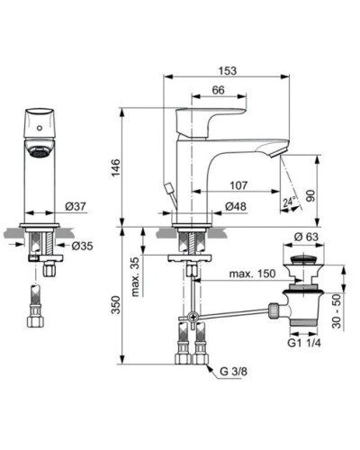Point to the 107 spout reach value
tap(238, 185)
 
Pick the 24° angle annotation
tap(290, 202)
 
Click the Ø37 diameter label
tap(76, 207)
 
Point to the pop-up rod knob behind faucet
tap(167, 188)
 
